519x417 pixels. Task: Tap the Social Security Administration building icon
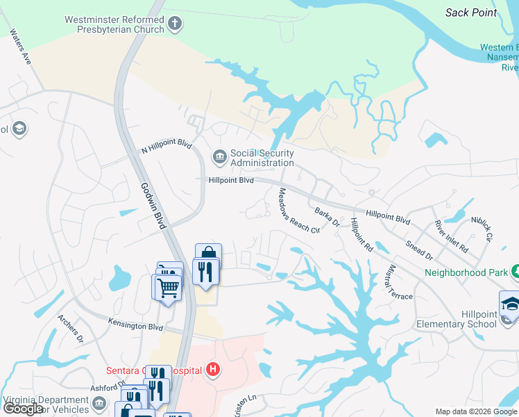(220, 157)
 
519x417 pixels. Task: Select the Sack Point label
(471, 12)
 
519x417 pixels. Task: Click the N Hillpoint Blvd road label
(166, 145)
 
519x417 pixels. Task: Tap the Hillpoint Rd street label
(363, 234)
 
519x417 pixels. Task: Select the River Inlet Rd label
(451, 236)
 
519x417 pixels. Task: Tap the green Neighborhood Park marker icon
(515, 271)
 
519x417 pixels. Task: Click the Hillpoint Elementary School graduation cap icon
(510, 303)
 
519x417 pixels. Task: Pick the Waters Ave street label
(21, 47)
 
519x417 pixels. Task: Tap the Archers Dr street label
(70, 329)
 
